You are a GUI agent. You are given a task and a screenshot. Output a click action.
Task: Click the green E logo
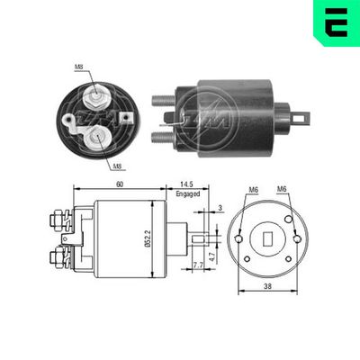pos(336,22)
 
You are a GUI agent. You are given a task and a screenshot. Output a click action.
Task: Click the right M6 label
pos(283,189)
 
